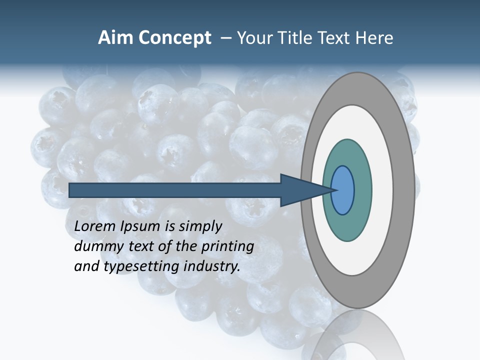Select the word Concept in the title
click(175, 38)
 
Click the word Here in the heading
click(374, 38)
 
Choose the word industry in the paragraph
click(212, 266)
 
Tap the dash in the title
click(226, 38)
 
